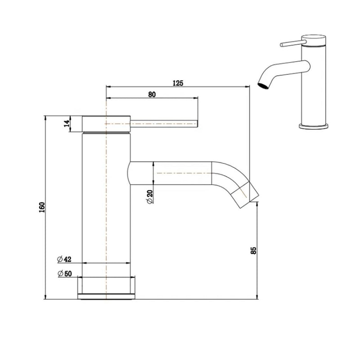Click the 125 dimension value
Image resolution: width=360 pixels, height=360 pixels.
(x=178, y=83)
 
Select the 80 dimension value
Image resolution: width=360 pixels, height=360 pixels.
(x=151, y=94)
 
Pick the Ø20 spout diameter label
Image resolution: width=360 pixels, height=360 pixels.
(x=149, y=197)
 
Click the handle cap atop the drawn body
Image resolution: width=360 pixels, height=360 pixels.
(x=107, y=123)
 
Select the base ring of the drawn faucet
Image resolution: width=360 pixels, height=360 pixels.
(x=107, y=288)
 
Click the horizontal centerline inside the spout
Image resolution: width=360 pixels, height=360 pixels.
(x=184, y=173)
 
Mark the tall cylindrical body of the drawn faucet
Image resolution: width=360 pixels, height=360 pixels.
(x=106, y=202)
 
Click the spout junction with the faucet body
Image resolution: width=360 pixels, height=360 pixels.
(x=130, y=173)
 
